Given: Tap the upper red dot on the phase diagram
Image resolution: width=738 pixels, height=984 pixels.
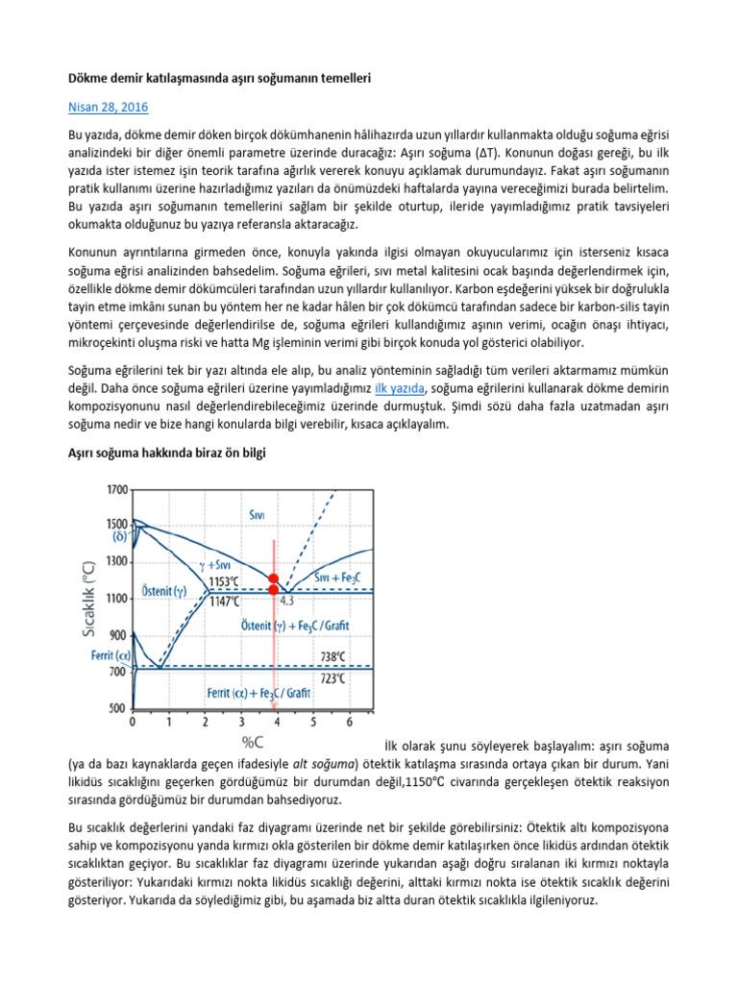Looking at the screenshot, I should pos(274,578).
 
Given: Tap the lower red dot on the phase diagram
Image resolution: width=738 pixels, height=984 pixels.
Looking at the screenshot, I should pos(274,590).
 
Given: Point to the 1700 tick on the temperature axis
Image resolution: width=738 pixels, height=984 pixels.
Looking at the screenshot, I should pos(115,489).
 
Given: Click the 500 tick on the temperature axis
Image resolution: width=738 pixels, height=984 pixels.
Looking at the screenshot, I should pos(117,708).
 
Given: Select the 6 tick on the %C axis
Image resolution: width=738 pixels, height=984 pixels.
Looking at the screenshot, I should pos(348,722).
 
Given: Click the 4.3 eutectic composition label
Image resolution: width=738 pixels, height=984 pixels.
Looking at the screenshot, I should pos(287,601).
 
